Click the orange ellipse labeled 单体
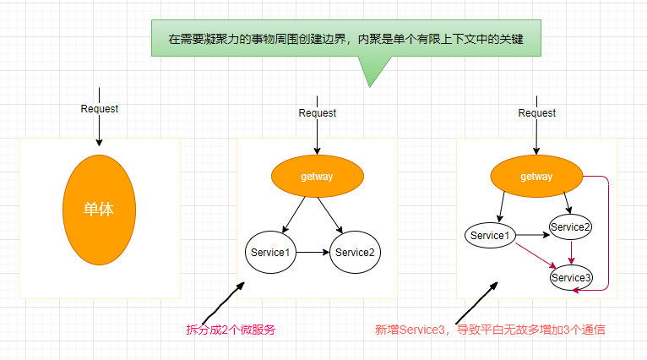99,209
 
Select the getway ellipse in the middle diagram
317,177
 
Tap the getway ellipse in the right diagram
536,177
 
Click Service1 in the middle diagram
270,252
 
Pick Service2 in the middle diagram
354,252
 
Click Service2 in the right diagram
571,226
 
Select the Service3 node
572,277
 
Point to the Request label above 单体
99,108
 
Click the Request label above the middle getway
317,112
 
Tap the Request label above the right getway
536,112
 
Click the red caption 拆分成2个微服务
231,330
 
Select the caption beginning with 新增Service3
490,330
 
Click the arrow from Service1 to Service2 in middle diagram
313,252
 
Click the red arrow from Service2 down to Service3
572,252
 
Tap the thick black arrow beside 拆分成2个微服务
223,300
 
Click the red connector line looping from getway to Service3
608,237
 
